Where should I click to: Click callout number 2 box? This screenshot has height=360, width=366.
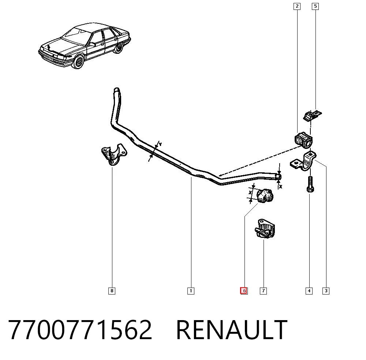coord(297,6)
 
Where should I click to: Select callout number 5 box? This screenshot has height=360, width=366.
coord(315,6)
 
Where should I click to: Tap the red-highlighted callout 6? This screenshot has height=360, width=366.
coord(244,291)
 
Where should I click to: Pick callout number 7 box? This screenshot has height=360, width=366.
coord(263,291)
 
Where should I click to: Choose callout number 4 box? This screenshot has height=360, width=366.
coord(309,291)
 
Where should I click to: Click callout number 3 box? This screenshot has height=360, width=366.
coord(326,291)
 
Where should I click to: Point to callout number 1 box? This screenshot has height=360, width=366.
coord(191,291)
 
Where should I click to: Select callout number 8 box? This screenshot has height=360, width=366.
coord(112,291)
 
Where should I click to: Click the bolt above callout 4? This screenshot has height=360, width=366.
coord(310,184)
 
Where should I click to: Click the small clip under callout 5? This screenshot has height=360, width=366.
coord(312,116)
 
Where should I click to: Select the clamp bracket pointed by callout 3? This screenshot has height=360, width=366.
coord(303,161)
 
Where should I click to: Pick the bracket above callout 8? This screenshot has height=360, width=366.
coord(114,154)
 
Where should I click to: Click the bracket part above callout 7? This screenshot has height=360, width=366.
coord(265,229)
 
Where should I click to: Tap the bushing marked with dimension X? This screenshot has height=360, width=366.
coord(265,196)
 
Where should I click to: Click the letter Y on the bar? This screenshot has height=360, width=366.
coord(160,145)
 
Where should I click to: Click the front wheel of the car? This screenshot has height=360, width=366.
coord(78,62)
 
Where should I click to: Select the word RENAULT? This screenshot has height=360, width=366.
coord(232,330)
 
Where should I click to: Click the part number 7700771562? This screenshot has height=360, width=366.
coord(80,330)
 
